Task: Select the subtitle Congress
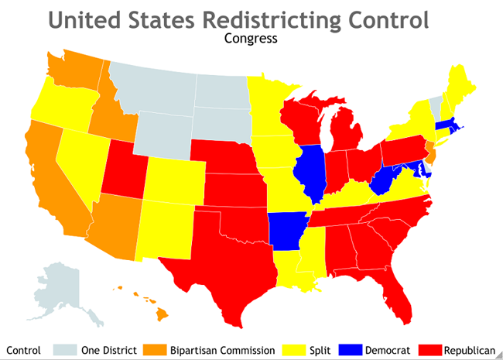(x=250, y=36)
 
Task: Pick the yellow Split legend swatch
(x=297, y=350)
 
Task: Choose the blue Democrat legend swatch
(x=358, y=350)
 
